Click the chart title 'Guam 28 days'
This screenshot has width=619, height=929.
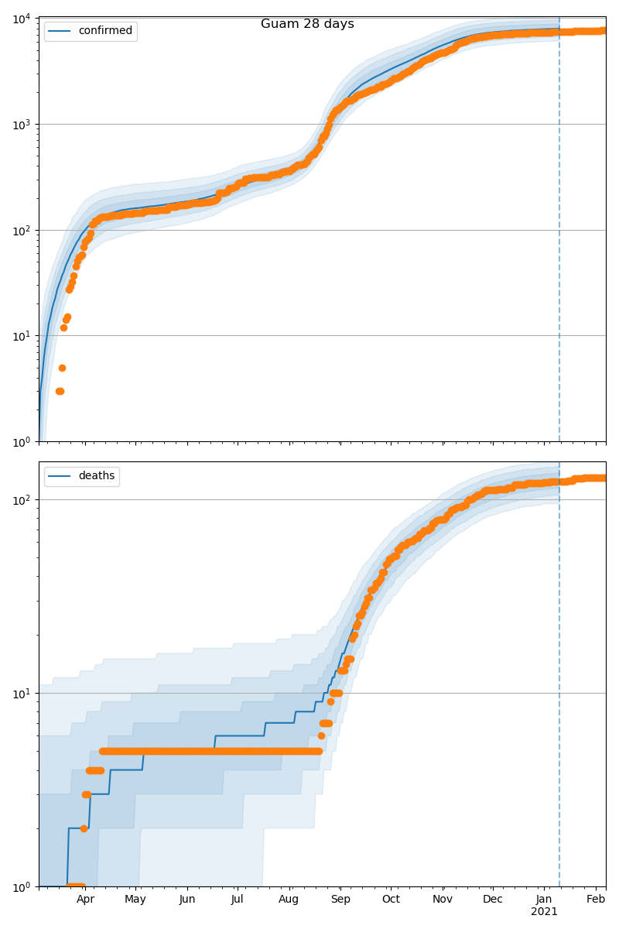click(x=307, y=24)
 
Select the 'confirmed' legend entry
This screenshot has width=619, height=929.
click(x=105, y=31)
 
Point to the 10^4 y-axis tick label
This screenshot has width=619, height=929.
click(x=19, y=19)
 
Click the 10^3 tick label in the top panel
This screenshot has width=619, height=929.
click(x=19, y=125)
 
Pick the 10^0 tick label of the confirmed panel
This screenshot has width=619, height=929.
click(x=19, y=442)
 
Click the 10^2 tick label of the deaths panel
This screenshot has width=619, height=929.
click(x=19, y=500)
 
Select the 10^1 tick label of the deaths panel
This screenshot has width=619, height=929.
click(x=19, y=694)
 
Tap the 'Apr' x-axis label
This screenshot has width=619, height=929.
click(x=85, y=900)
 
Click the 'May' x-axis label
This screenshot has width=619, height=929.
click(x=135, y=900)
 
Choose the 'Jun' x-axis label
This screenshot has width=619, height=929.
click(x=187, y=900)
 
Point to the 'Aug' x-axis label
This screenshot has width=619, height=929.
click(x=289, y=900)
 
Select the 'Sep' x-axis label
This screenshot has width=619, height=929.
click(x=340, y=900)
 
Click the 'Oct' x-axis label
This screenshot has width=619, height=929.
click(x=391, y=900)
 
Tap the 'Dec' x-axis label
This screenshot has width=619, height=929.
click(x=493, y=900)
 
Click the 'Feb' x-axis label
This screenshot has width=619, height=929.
click(x=595, y=900)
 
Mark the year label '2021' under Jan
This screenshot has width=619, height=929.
click(x=544, y=912)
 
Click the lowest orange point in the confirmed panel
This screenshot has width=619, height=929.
click(x=60, y=391)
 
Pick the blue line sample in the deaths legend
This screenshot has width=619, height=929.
click(x=60, y=476)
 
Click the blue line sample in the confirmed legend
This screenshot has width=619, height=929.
click(x=60, y=31)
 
